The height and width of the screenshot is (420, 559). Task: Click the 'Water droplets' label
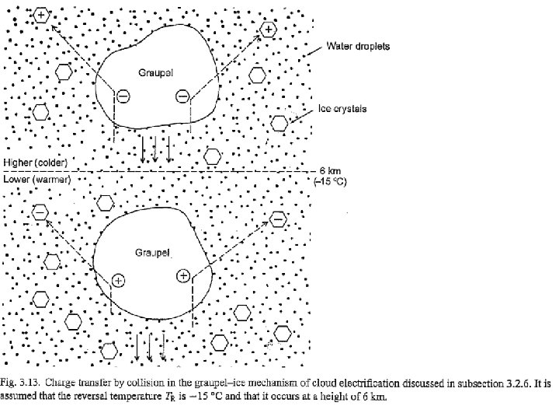(x=358, y=47)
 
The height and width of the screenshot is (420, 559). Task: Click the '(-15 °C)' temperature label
(x=330, y=180)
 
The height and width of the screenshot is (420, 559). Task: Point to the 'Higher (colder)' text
(x=36, y=163)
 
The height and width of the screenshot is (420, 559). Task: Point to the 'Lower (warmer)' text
(x=37, y=179)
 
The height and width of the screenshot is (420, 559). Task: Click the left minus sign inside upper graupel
(x=123, y=96)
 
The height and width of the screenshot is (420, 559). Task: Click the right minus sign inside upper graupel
(x=182, y=96)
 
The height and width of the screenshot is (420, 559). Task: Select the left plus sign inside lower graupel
(x=118, y=279)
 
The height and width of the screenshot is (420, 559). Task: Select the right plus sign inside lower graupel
(x=184, y=275)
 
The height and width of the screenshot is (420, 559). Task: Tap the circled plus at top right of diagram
(x=268, y=30)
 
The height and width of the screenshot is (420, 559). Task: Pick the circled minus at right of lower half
(x=277, y=219)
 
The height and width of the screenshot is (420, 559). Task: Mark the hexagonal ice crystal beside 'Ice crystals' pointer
(x=279, y=121)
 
